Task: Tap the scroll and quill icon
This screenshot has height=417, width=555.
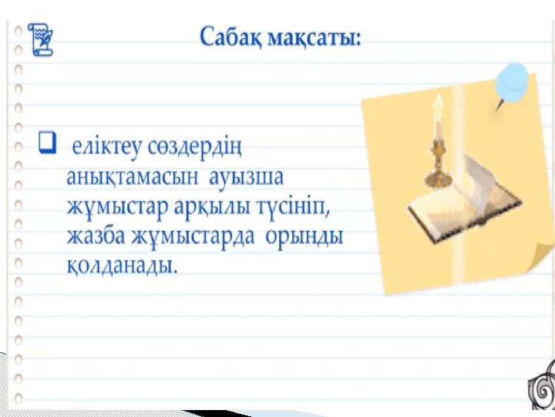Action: click(40, 39)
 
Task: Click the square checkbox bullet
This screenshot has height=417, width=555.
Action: click(47, 143)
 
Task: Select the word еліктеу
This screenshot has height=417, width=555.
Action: click(107, 147)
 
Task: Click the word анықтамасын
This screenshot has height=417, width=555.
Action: click(133, 176)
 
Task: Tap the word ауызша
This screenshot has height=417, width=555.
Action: click(247, 177)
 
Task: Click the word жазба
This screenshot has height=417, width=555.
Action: click(96, 236)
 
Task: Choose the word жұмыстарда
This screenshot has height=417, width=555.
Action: click(193, 236)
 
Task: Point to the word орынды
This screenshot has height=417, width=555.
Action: click(304, 237)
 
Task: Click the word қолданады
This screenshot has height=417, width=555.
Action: click(122, 265)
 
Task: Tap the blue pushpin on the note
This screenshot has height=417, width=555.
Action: click(511, 85)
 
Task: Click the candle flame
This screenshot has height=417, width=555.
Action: click(438, 107)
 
